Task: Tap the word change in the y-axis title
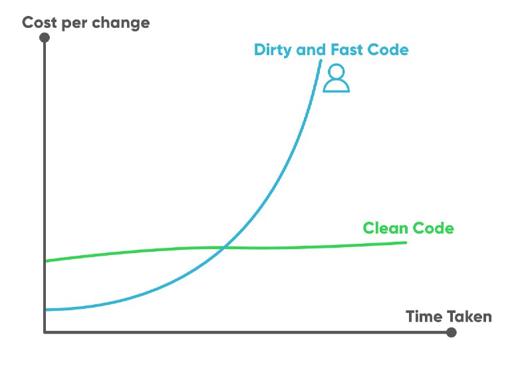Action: [x=121, y=23]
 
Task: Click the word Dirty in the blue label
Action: [x=273, y=50]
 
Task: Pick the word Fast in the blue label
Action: [x=346, y=49]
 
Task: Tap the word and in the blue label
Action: [x=311, y=49]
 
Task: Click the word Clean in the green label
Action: [x=385, y=228]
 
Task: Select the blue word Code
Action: [x=388, y=49]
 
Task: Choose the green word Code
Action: [x=434, y=228]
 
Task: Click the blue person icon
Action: [x=336, y=78]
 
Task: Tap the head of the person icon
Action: [x=336, y=71]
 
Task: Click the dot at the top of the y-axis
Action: [x=45, y=37]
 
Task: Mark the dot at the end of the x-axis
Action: [x=452, y=332]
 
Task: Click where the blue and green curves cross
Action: [x=224, y=248]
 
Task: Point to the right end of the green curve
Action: [x=406, y=242]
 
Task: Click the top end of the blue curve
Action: [x=321, y=60]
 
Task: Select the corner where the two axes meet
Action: [x=45, y=332]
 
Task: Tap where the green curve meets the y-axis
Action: [x=45, y=261]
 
